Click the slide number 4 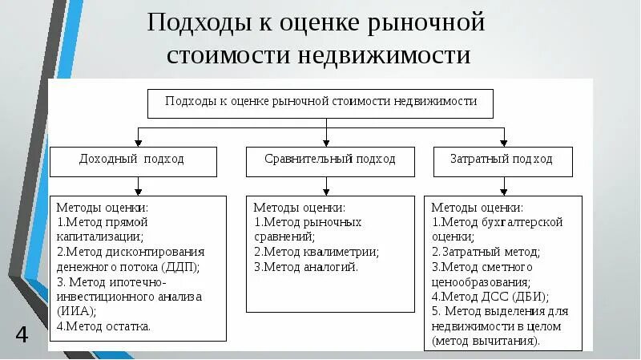pyautogui.click(x=22, y=334)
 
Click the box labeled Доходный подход pyautogui.click(x=133, y=160)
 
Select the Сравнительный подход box pyautogui.click(x=330, y=160)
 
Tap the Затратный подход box pyautogui.click(x=504, y=160)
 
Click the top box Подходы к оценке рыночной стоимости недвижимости pyautogui.click(x=320, y=103)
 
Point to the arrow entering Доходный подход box pyautogui.click(x=139, y=140)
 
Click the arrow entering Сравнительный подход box pyautogui.click(x=326, y=140)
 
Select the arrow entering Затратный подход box pyautogui.click(x=503, y=140)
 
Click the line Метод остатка pyautogui.click(x=104, y=326)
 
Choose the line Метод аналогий pyautogui.click(x=306, y=266)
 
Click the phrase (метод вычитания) pyautogui.click(x=486, y=341)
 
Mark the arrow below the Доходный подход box pyautogui.click(x=139, y=188)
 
